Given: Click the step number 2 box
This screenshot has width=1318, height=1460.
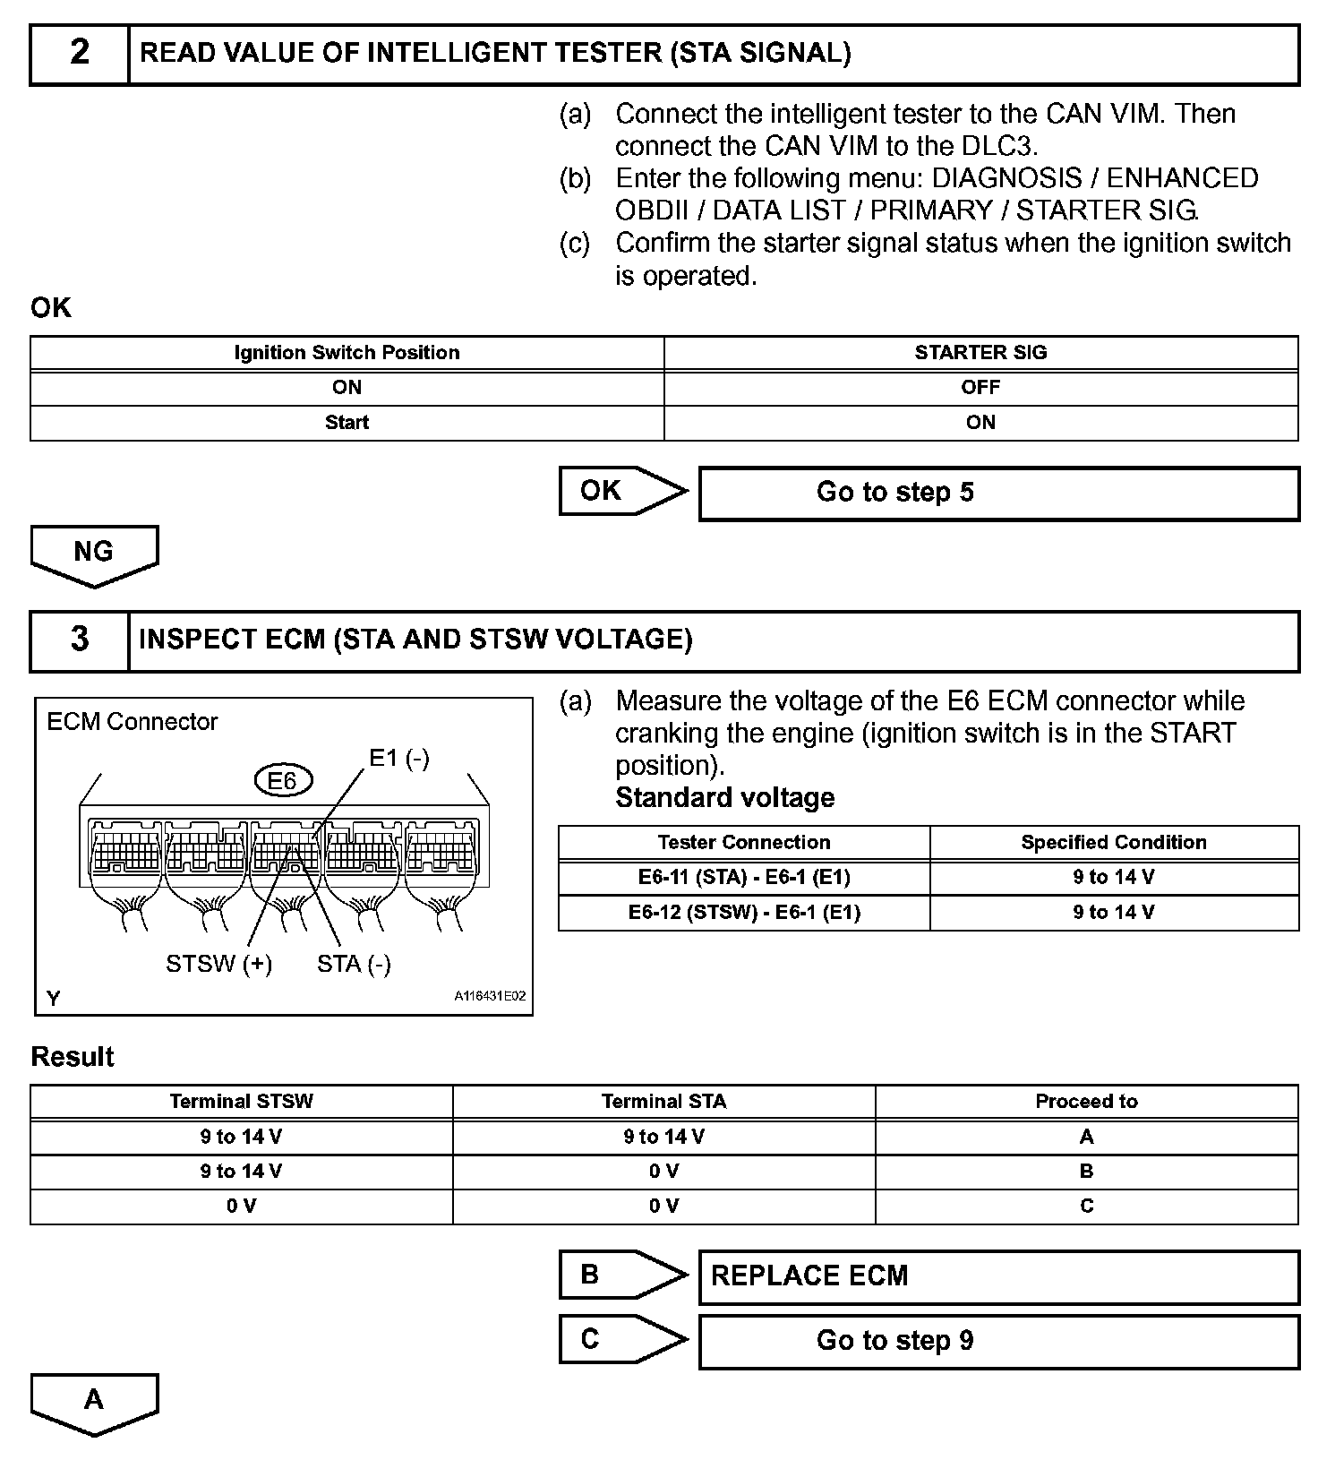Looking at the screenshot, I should pyautogui.click(x=80, y=54).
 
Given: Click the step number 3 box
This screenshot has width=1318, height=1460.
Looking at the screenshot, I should pyautogui.click(x=80, y=640).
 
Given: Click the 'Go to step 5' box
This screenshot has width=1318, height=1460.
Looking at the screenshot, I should pyautogui.click(x=997, y=493).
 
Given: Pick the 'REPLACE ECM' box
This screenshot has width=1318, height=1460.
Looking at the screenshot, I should pyautogui.click(x=997, y=1276).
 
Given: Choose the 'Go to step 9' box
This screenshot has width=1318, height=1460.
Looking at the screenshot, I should pyautogui.click(x=997, y=1341).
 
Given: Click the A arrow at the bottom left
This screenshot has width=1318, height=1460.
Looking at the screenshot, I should pyautogui.click(x=94, y=1403).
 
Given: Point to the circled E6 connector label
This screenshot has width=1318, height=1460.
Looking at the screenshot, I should pyautogui.click(x=282, y=781).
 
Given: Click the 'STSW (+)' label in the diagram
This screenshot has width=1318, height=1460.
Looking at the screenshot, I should pyautogui.click(x=219, y=965).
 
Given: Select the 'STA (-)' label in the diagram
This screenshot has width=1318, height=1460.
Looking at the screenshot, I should pyautogui.click(x=354, y=965).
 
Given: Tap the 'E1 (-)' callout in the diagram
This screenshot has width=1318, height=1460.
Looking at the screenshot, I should pyautogui.click(x=399, y=759).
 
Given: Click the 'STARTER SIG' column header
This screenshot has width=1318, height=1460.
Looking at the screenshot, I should pyautogui.click(x=980, y=353).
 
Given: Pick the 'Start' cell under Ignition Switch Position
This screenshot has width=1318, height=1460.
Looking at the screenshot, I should pyautogui.click(x=347, y=423).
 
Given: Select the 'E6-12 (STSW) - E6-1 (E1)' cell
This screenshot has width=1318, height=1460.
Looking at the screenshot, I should pyautogui.click(x=744, y=913).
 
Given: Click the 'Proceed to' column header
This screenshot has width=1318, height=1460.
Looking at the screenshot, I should pyautogui.click(x=1086, y=1102).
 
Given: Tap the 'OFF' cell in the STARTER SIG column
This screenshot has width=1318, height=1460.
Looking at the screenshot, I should pyautogui.click(x=980, y=388).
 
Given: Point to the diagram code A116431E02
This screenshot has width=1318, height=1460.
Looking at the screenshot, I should pyautogui.click(x=490, y=996).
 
